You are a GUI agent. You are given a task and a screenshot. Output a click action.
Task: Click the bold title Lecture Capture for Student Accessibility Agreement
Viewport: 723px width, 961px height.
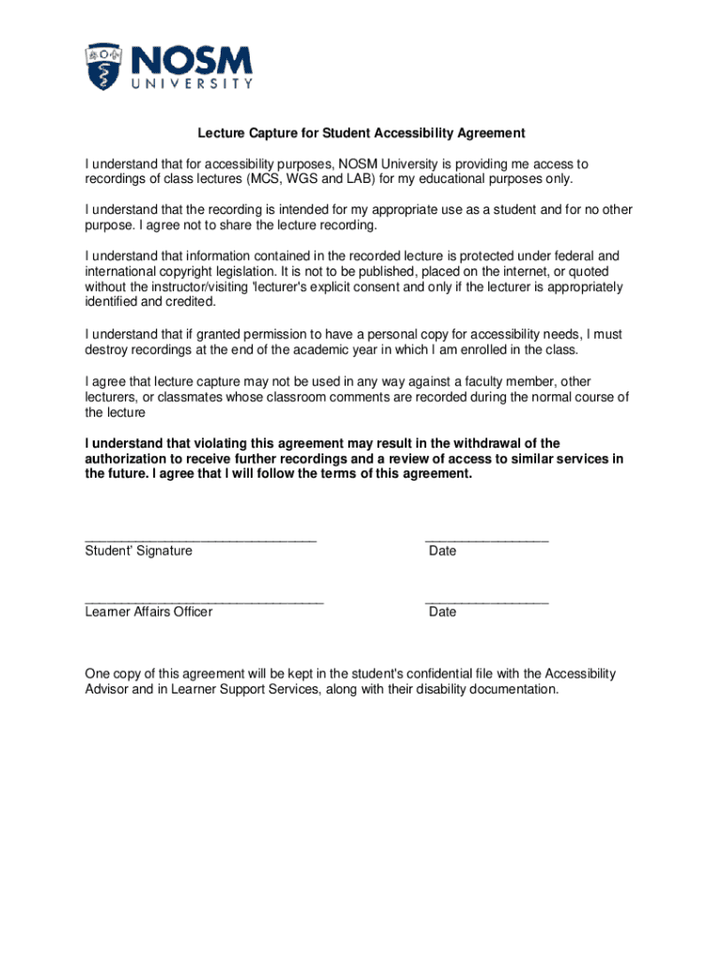coord(361,133)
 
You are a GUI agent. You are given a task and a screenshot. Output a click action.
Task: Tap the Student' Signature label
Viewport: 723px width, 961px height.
coord(138,551)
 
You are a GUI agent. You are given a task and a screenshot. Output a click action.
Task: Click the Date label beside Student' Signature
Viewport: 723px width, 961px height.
coord(442,551)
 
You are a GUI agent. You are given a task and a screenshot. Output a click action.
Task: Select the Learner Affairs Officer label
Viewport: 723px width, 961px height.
coord(148,612)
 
